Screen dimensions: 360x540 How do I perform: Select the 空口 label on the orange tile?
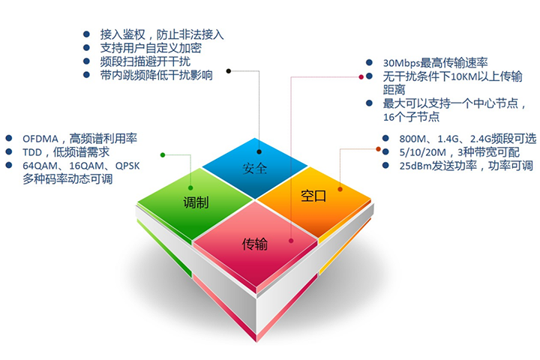(313, 196)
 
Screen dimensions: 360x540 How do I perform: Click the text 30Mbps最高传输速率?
(435, 64)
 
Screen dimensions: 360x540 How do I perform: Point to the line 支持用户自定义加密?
(150, 47)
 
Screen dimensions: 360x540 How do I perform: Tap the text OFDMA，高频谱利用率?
(79, 138)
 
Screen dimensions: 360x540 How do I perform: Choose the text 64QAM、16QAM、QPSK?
(82, 165)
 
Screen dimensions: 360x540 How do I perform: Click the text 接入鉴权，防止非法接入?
(162, 34)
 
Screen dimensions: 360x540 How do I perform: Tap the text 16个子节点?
(411, 117)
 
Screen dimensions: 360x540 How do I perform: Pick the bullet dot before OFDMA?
(8, 139)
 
